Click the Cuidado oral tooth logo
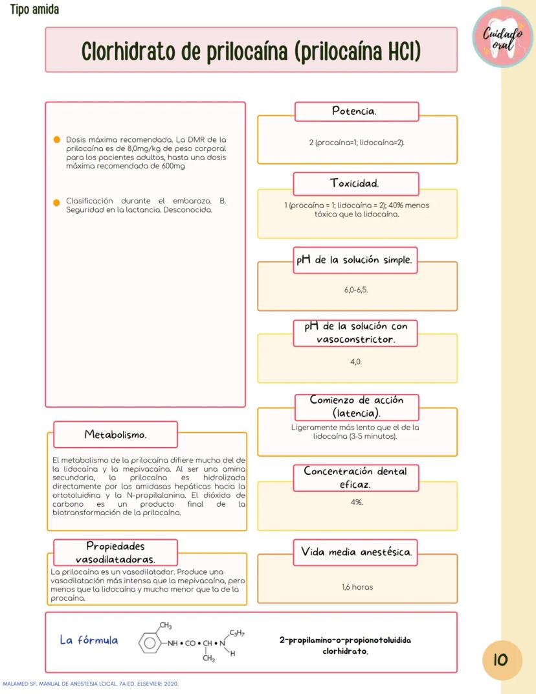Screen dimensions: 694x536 pos(503,38)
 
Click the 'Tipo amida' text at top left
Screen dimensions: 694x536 pos(34,10)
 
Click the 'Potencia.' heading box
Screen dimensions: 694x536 pos(357,111)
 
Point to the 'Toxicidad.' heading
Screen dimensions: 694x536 pos(357,183)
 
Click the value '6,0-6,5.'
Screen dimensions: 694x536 pos(357,290)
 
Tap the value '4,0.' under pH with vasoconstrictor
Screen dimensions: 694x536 pos(357,362)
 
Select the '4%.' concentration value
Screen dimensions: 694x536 pos(357,502)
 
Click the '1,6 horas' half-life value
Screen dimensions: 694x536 pos(357,587)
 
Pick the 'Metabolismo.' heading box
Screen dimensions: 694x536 pos(115,434)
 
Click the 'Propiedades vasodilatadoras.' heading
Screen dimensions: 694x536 pos(115,552)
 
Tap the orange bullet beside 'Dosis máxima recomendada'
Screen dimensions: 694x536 pos(57,140)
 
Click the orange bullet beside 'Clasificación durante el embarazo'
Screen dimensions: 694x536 pos(57,202)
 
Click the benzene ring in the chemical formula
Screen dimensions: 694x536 pos(150,643)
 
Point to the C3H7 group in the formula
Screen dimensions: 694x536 pos(237,632)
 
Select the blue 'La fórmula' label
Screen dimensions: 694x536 pos(89,640)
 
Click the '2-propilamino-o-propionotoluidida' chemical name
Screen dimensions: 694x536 pos(345,640)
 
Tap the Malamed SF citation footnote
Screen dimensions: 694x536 pos(91,684)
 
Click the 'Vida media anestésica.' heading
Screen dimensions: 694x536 pos(357,553)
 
